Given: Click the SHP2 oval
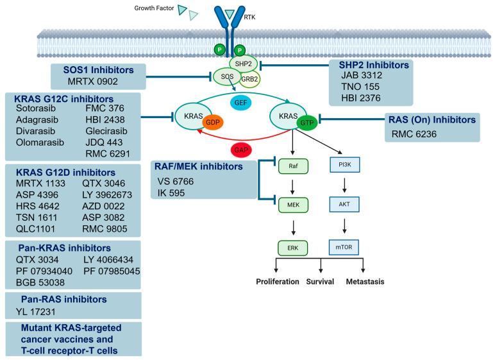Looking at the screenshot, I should coord(245,62).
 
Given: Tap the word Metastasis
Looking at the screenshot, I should coord(368,281).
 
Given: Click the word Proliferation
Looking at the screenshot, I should coord(277,281).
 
